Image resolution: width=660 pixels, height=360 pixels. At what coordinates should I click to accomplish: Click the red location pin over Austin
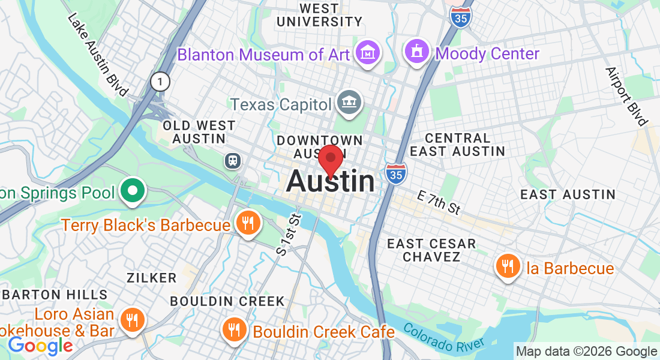tap(330, 159)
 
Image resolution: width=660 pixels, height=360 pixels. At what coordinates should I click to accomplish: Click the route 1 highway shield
tap(160, 81)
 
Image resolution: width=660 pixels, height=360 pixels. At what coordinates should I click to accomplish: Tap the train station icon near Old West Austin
tap(232, 160)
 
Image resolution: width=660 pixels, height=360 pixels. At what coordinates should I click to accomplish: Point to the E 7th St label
tap(439, 202)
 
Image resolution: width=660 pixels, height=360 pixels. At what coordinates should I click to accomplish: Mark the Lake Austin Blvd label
tap(98, 54)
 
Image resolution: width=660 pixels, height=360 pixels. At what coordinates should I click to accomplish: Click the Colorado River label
tap(443, 338)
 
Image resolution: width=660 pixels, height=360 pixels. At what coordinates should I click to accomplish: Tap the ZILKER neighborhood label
tap(152, 278)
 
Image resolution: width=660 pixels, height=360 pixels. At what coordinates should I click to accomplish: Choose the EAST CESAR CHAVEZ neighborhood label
tap(431, 250)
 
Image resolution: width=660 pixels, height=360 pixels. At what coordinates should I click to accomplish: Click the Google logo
tap(40, 346)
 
